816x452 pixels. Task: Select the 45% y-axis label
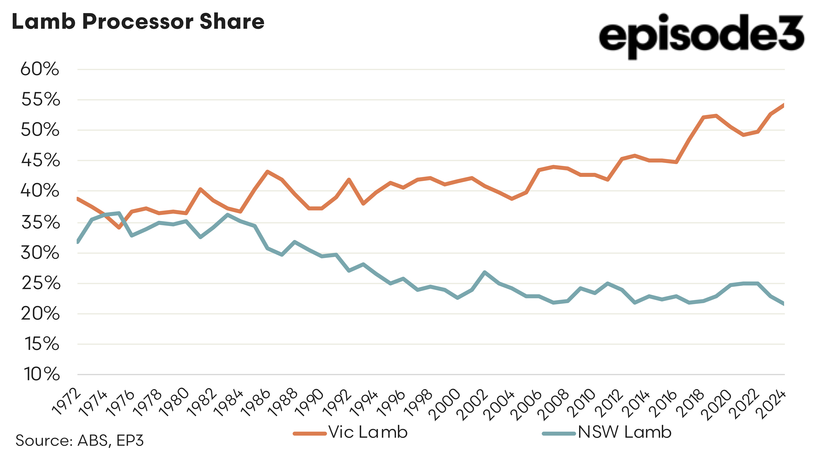(x=40, y=160)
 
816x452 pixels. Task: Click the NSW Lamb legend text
(x=624, y=432)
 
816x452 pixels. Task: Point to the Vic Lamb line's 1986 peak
(x=268, y=172)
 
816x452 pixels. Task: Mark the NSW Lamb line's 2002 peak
(x=485, y=272)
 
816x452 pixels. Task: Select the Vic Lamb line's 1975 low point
(x=119, y=227)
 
